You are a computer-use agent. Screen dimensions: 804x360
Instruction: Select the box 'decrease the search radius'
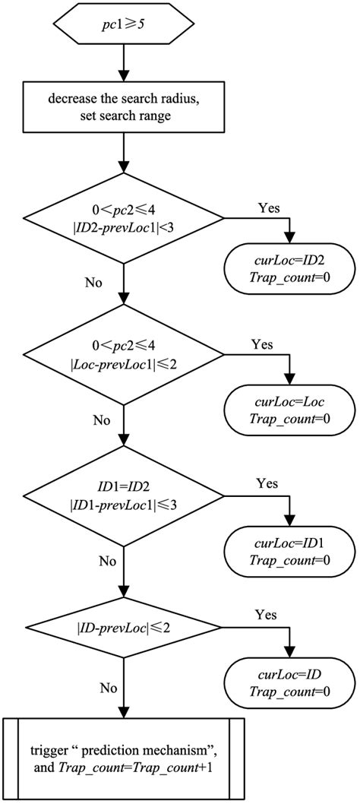[121, 111]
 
